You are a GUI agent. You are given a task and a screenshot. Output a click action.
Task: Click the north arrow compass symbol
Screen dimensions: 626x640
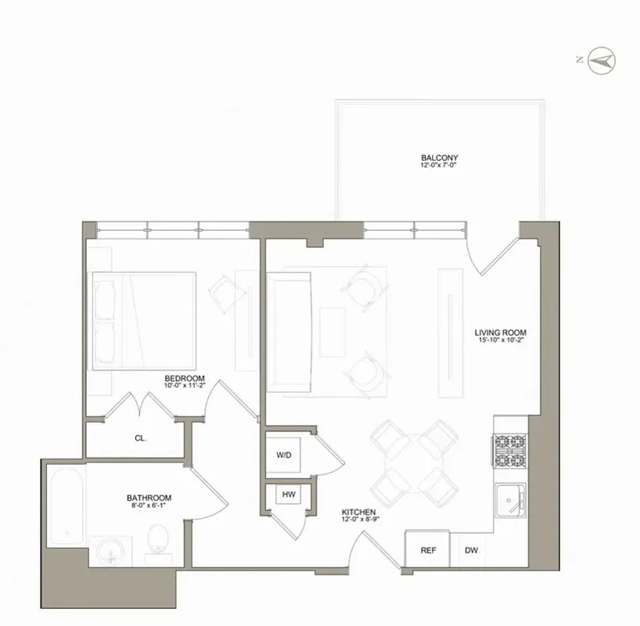602,59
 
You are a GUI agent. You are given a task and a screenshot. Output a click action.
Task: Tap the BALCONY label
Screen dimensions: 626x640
439,157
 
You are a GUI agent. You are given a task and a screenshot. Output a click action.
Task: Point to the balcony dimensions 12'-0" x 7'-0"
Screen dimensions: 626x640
439,166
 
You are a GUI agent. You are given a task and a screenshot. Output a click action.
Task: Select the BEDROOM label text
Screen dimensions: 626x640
185,378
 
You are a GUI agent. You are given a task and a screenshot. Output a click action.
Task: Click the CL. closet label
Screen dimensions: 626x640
141,439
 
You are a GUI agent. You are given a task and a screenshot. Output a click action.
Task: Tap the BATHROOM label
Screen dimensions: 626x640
149,498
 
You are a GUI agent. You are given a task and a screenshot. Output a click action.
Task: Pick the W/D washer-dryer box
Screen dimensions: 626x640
283,455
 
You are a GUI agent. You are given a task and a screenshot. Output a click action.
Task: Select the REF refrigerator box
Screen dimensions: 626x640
428,550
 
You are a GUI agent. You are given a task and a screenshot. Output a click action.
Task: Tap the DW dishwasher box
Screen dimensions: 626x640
471,550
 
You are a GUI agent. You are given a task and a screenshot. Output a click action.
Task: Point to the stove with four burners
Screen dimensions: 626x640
509,451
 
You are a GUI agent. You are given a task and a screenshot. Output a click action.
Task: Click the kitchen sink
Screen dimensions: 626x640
510,499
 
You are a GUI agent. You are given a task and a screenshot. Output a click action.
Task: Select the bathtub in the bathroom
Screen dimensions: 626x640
64,505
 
